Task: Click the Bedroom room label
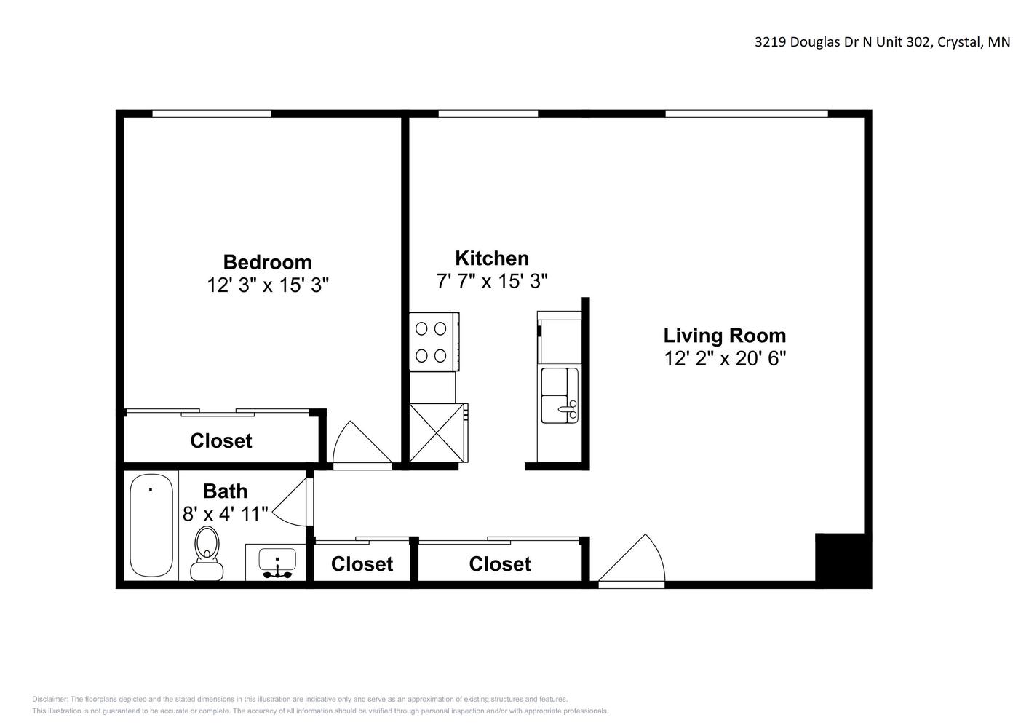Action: click(x=267, y=262)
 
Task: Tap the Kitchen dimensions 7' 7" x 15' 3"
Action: click(x=492, y=281)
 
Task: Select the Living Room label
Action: click(x=724, y=336)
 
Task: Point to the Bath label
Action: click(x=225, y=491)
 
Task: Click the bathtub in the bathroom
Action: click(x=151, y=526)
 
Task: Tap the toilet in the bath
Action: click(x=207, y=553)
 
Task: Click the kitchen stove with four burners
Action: click(x=434, y=341)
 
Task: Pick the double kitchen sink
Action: click(x=560, y=395)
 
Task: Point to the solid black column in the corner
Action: click(x=842, y=559)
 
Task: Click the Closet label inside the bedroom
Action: click(x=221, y=440)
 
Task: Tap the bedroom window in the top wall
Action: click(x=212, y=114)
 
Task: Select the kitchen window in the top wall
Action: click(x=488, y=114)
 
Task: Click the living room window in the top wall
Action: click(x=747, y=114)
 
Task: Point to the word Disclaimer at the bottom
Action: click(x=50, y=699)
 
